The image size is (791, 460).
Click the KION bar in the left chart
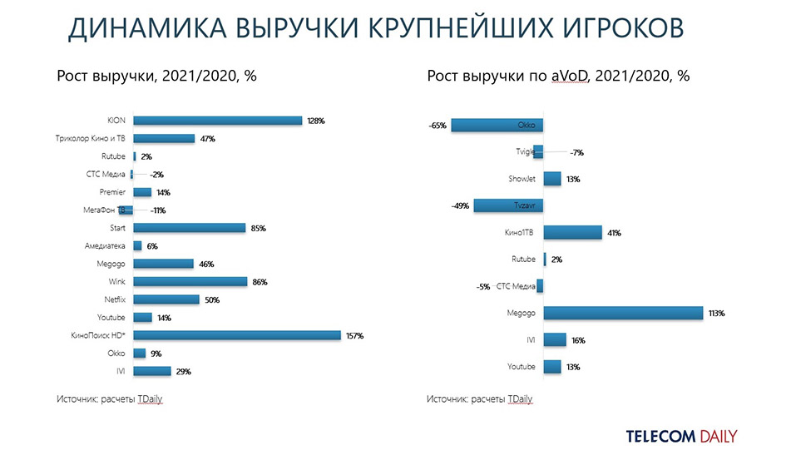coord(217,121)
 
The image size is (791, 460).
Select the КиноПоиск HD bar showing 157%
coord(237,335)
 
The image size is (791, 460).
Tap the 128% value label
coord(315,121)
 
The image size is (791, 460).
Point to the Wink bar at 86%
coord(190,282)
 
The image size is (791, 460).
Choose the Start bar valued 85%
coord(190,228)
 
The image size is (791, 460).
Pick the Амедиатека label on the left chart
coord(105,246)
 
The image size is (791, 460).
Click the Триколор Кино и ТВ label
coord(88,139)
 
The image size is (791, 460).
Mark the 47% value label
coord(208,139)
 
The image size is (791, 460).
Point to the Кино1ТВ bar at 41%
coord(572,233)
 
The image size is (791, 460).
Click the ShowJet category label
coord(522,179)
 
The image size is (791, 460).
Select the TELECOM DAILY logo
coord(681,436)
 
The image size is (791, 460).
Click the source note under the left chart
coord(110,399)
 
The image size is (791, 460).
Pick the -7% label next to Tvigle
coord(577,152)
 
